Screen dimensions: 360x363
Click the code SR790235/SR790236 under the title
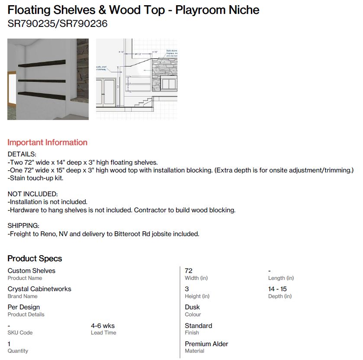58,24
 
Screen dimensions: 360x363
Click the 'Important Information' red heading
47,143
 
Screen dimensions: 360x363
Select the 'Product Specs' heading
35,259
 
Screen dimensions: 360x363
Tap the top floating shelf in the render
42,64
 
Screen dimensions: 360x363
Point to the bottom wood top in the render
41,94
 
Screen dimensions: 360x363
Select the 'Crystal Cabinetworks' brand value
39,289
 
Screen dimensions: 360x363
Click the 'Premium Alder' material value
206,344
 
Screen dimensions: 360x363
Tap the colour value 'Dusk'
192,307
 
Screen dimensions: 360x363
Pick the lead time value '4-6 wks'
103,326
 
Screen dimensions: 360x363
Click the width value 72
189,271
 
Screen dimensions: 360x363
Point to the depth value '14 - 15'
277,289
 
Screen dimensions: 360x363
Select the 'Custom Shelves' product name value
32,271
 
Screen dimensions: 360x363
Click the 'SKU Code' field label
20,333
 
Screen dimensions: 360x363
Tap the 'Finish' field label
192,333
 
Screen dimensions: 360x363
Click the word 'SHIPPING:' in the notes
23,226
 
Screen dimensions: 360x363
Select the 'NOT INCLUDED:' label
32,194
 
